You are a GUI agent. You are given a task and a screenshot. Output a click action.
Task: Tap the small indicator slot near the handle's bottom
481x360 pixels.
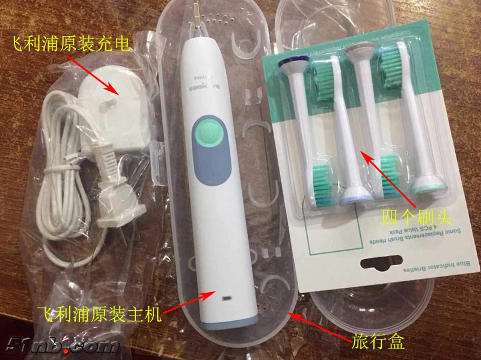pos(227,298)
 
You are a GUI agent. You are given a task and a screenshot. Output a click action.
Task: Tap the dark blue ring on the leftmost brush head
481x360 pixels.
pos(295,60)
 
